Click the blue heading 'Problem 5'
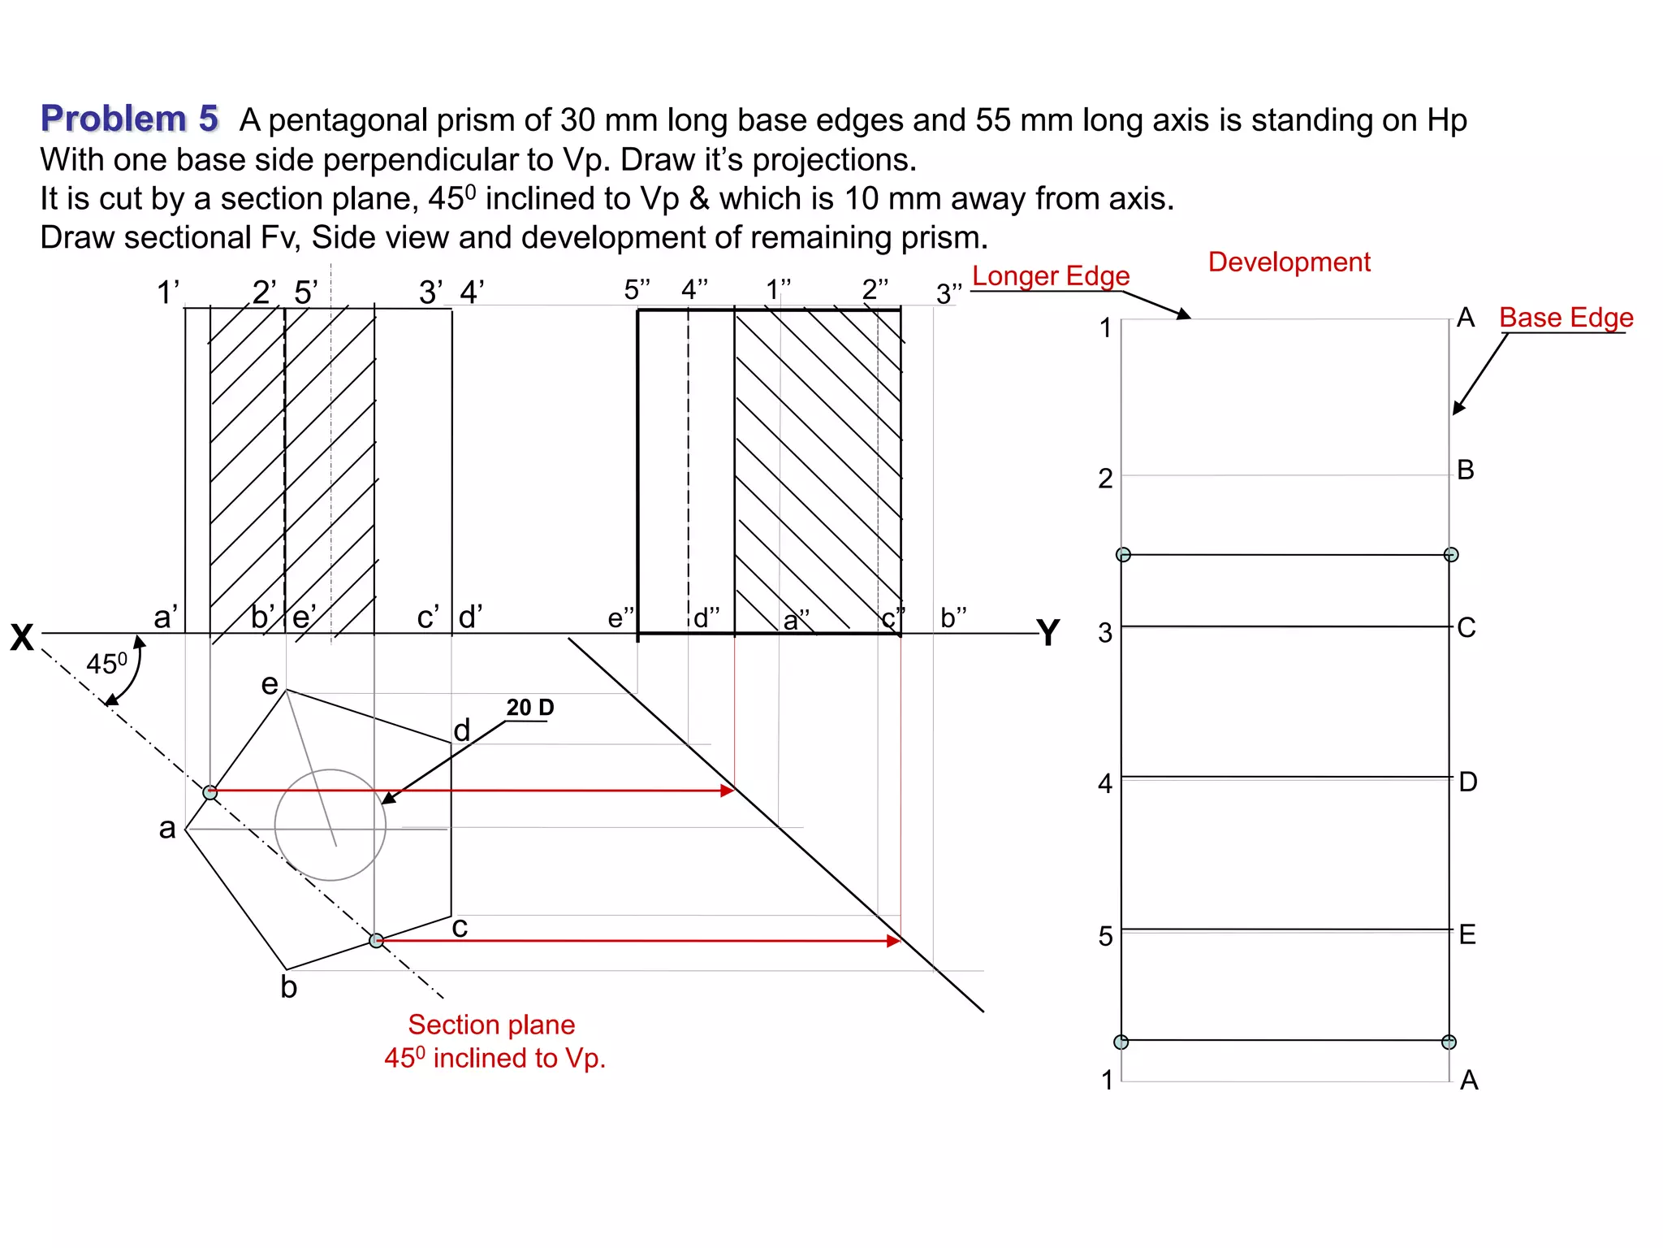(x=129, y=119)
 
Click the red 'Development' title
(x=1289, y=262)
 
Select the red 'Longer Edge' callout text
(x=1051, y=276)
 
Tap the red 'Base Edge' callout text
(x=1566, y=318)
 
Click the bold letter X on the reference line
(x=22, y=638)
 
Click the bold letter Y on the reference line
(x=1048, y=633)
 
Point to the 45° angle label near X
(x=106, y=664)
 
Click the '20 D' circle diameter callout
(x=529, y=708)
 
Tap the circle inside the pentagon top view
(x=330, y=825)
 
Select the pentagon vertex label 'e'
(x=270, y=684)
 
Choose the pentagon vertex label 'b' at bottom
(x=288, y=987)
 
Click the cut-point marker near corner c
(x=376, y=940)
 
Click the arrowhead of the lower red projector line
(x=894, y=941)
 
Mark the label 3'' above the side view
(x=948, y=293)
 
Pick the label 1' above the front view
(x=167, y=292)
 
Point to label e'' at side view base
(x=620, y=618)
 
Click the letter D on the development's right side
(x=1467, y=782)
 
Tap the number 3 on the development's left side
(x=1104, y=632)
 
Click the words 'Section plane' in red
(x=491, y=1025)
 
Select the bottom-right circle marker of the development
(x=1449, y=1042)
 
